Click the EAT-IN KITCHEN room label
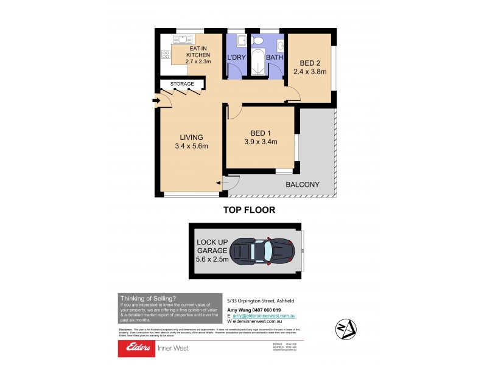pyautogui.click(x=189, y=55)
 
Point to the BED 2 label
pyautogui.click(x=310, y=67)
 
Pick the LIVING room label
pyautogui.click(x=191, y=141)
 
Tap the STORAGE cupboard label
pyautogui.click(x=182, y=84)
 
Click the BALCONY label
pyautogui.click(x=303, y=185)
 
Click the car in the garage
pyautogui.click(x=265, y=251)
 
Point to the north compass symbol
pyautogui.click(x=344, y=329)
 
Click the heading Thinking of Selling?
pyautogui.click(x=148, y=298)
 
